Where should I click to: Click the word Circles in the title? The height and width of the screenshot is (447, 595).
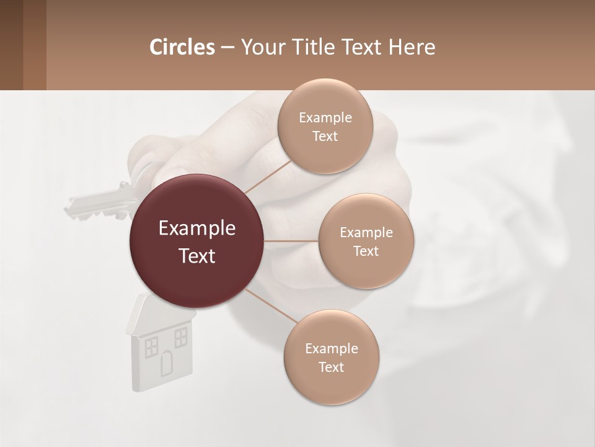182,47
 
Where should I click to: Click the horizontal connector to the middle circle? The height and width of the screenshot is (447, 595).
291,241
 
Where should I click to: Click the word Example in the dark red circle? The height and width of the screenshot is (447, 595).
197,228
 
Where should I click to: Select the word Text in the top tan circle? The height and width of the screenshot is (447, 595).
325,137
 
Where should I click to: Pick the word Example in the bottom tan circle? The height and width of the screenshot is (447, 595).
331,348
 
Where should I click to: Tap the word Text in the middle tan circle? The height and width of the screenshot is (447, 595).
366,251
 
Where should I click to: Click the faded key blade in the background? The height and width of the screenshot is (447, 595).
99,202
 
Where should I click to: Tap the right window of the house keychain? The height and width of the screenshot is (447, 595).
180,338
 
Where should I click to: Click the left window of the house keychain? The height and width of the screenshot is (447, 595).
151,347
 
